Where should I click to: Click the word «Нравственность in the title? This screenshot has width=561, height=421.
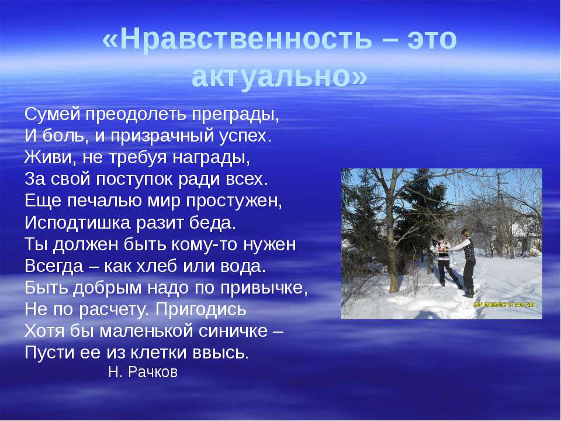(x=237, y=39)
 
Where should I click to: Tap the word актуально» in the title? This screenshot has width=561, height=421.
(x=279, y=76)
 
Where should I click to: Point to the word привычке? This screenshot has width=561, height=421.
(x=264, y=288)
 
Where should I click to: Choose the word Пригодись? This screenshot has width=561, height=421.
(x=200, y=310)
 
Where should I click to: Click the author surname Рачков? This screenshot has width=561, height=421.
(x=153, y=372)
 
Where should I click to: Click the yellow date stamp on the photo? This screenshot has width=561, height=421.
(x=504, y=305)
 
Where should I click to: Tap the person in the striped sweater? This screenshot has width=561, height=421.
(x=444, y=260)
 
